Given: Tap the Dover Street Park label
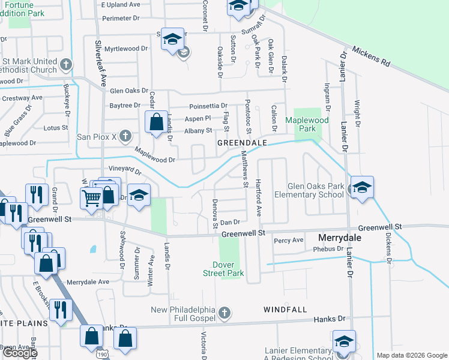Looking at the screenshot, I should [228, 269].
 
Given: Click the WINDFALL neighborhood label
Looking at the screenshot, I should [285, 310].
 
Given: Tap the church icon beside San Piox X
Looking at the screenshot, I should [125, 136].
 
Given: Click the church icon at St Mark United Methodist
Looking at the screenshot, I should [67, 64].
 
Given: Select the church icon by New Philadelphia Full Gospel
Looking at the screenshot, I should [224, 313].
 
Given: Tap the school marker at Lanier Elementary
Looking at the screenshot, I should [344, 342].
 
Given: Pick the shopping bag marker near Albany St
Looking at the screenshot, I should [156, 122].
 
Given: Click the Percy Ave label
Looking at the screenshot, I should [289, 240].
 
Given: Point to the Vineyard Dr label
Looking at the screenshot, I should [125, 170].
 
